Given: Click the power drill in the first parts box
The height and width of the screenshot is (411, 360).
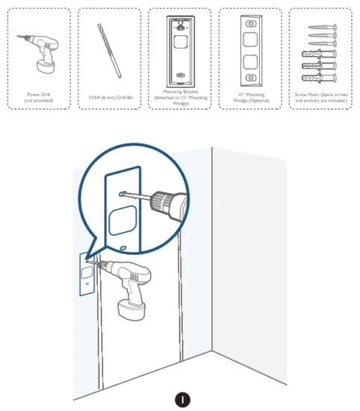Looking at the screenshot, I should (41, 50).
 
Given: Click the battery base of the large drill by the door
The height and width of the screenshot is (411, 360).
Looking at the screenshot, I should (132, 307).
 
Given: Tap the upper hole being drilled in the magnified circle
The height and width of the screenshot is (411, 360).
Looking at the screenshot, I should (121, 194).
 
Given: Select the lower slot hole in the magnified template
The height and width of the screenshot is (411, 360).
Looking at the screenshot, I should (122, 246).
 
